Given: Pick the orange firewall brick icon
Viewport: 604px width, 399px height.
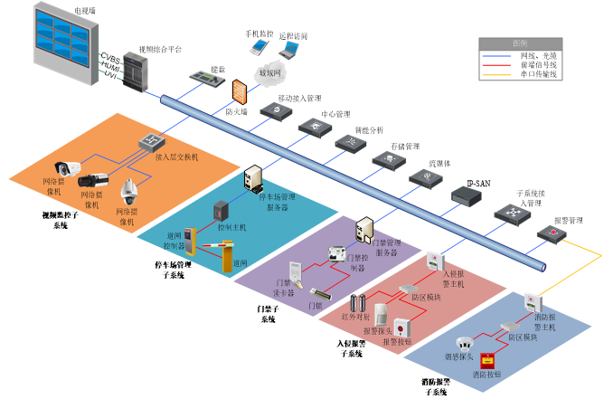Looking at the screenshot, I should coord(239,90).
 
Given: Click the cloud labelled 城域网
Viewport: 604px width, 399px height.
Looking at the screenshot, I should coord(270,72).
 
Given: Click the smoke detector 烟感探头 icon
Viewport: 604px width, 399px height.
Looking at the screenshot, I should coord(465,345).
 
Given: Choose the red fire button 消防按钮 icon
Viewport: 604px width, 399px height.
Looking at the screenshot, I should coord(488,359).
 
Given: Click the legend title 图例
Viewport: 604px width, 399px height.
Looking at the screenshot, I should coord(520,43).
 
